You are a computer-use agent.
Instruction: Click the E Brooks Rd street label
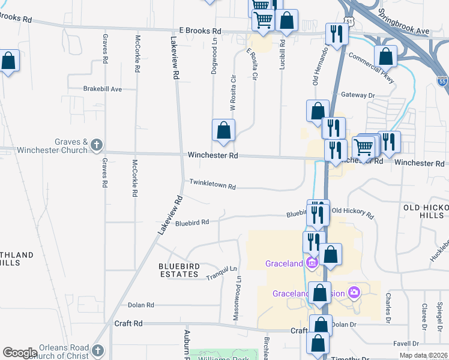point(200,31)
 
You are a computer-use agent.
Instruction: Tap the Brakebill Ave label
point(103,89)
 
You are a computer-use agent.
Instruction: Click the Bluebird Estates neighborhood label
point(178,270)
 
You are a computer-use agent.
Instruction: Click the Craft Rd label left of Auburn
point(128,323)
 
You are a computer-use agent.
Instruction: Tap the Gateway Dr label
point(358,95)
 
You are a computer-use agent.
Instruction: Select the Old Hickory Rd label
point(352,212)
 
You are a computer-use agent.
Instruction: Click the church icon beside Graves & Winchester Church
point(97,145)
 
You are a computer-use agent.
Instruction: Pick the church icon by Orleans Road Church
point(98,350)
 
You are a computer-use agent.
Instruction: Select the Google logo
point(20,353)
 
